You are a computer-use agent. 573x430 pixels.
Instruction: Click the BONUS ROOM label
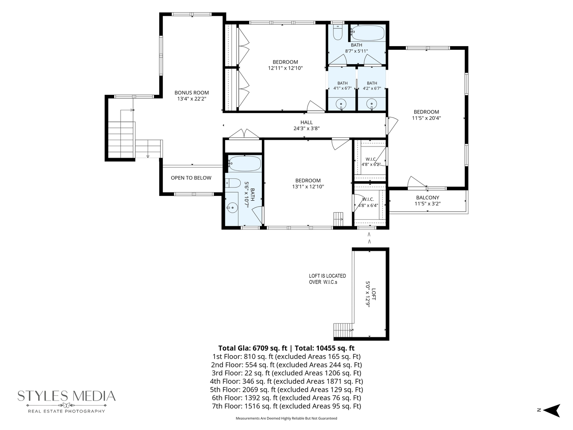[192, 93]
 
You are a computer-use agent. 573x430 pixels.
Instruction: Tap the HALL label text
[306, 123]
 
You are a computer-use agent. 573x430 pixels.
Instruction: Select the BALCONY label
[428, 197]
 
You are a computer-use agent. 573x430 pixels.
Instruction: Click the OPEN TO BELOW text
[191, 178]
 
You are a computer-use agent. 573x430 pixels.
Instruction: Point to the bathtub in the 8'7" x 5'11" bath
[368, 33]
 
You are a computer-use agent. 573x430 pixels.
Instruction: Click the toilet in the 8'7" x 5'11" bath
[338, 33]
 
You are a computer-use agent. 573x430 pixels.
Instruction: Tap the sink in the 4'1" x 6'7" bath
[341, 104]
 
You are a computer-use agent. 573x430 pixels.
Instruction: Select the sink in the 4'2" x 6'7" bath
[372, 104]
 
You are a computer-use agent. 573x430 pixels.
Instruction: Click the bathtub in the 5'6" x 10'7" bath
[244, 164]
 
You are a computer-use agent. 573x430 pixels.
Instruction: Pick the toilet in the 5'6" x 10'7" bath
[233, 183]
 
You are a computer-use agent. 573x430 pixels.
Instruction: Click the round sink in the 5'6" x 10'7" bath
[232, 208]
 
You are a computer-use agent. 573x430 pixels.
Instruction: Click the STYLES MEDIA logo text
[66, 396]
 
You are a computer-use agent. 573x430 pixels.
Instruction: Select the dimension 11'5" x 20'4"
[426, 118]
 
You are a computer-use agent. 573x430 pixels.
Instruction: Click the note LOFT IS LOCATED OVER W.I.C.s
[327, 279]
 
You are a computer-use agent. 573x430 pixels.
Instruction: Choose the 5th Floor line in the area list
[286, 389]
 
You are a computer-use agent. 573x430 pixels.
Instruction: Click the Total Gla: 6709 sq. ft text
[252, 348]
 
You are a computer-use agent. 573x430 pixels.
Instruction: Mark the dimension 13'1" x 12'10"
[308, 187]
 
